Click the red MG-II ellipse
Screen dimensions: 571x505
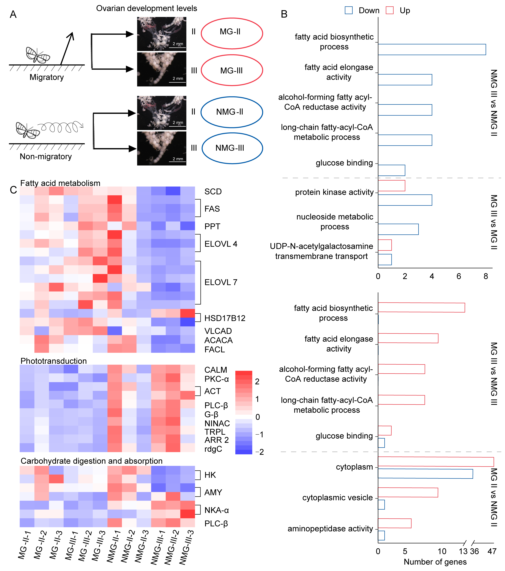(x=232, y=33)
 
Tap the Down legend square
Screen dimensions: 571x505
(x=349, y=10)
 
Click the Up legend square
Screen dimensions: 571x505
(x=389, y=10)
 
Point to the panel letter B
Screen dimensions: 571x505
(x=284, y=14)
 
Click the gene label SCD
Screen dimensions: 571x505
(x=213, y=192)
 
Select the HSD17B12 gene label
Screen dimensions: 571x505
(x=225, y=318)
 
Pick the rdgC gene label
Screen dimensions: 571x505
(x=213, y=449)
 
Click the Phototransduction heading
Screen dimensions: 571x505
(x=53, y=361)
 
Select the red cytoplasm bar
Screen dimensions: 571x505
(x=436, y=462)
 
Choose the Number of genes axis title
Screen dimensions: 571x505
(x=435, y=562)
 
